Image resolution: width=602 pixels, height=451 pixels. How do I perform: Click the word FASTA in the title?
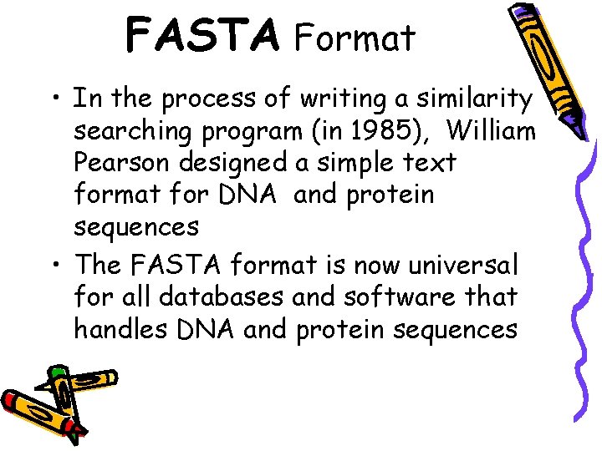point(202,36)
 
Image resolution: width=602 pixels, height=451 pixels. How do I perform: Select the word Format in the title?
point(355,38)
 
